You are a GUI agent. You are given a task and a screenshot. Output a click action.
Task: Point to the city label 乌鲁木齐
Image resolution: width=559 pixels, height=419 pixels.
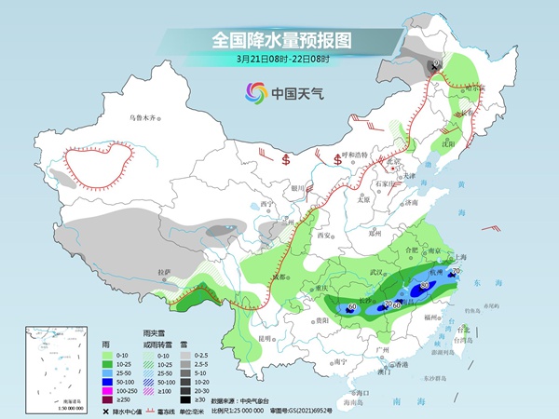[143, 118]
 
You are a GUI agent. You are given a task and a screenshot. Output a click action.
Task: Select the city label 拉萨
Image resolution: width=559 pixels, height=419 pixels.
[164, 271]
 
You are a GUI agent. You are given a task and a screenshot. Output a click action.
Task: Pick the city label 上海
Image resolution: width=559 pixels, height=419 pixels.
[457, 256]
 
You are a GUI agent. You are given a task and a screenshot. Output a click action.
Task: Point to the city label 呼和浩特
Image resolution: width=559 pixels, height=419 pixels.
[356, 154]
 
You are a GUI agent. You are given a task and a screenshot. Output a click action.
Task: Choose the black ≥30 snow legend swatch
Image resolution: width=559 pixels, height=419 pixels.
[186, 398]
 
